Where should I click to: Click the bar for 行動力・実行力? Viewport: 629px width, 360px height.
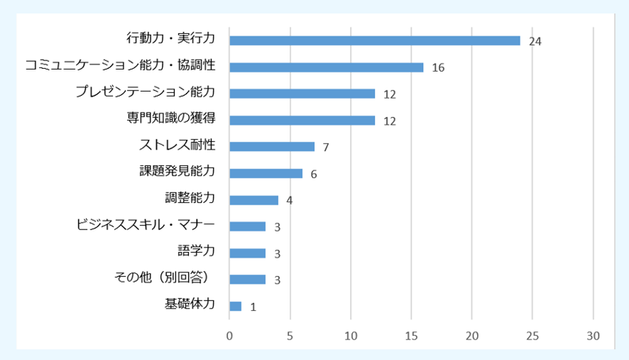pos(375,40)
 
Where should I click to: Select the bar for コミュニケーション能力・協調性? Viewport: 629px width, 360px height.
pos(327,67)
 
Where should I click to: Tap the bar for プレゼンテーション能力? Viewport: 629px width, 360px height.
pos(302,94)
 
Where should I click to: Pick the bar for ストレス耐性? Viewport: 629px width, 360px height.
pos(272,146)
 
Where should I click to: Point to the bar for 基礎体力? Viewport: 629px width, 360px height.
pos(236,306)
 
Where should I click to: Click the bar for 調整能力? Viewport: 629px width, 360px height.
pos(254,200)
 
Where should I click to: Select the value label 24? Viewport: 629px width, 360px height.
pos(535,42)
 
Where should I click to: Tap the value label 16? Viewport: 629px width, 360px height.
pos(438,68)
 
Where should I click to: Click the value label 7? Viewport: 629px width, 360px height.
pos(326,148)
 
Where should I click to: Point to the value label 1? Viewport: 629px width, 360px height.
pos(253,307)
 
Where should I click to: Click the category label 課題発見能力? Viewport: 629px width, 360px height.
pos(177,173)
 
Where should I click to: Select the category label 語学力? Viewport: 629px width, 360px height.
pos(196,252)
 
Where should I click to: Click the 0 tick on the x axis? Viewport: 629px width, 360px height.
pos(229,335)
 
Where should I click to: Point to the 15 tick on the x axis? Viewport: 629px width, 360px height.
pos(411,335)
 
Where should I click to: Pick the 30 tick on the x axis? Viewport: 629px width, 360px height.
pos(593,335)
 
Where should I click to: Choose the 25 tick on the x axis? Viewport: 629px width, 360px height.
pos(532,335)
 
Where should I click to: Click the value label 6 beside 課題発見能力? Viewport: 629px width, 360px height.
pos(314,174)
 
